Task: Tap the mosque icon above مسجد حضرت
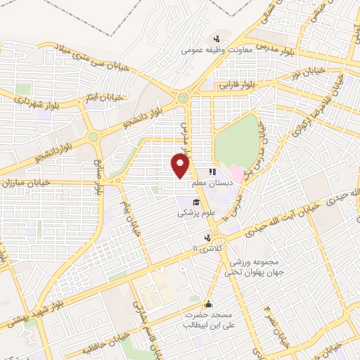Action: coord(208,304)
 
